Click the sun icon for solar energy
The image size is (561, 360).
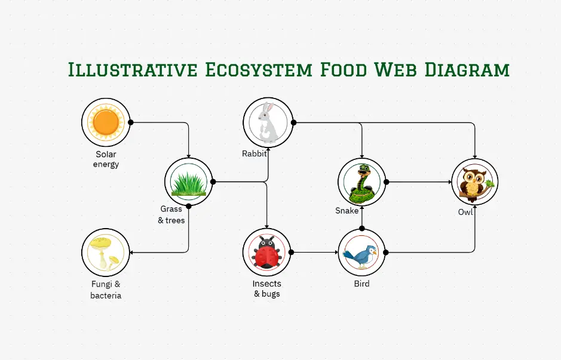[106, 122]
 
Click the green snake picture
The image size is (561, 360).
[362, 182]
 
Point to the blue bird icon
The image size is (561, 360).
[361, 253]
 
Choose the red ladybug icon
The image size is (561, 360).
[266, 253]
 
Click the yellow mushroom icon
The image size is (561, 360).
[105, 252]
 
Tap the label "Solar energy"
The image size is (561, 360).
[106, 159]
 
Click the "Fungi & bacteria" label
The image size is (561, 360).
[106, 290]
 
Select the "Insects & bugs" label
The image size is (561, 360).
[266, 288]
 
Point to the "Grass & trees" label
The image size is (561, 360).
[171, 215]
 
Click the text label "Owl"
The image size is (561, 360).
[465, 212]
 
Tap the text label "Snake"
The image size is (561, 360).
[347, 211]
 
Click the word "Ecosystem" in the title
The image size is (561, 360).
[257, 69]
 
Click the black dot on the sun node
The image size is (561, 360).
[131, 122]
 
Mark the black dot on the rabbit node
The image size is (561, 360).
[293, 122]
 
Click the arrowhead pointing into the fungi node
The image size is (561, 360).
[133, 253]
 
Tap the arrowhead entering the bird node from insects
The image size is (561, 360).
[336, 253]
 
